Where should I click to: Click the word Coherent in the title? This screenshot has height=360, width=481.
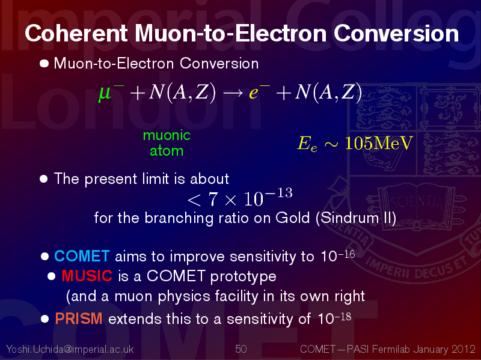coord(76,33)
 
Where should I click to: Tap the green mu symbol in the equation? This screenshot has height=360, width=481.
coord(105,93)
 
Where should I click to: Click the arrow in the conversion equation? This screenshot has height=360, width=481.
coord(233,93)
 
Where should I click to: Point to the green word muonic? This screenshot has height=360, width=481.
coord(167,135)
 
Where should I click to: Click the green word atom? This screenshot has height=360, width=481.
coord(167,151)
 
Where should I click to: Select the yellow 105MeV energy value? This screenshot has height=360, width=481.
coord(379,143)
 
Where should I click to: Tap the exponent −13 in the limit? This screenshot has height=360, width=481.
coord(279,193)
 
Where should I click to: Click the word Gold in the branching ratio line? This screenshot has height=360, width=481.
coord(293,218)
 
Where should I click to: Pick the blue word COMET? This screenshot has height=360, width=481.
coord(82,256)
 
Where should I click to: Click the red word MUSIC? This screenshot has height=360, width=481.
coord(87,276)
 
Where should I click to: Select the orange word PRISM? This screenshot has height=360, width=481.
coord(79,319)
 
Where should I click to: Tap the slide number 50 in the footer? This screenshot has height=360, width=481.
coord(241,349)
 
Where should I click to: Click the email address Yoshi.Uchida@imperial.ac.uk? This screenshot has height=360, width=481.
coord(70,349)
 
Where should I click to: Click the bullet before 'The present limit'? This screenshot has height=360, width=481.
coord(44,178)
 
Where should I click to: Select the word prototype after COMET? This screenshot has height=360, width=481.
coord(244,276)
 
